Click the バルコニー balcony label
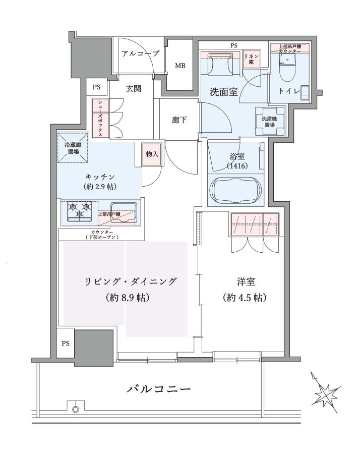click(159, 389)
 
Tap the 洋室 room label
click(246, 281)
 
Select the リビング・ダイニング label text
click(130, 281)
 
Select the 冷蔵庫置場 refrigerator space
click(73, 148)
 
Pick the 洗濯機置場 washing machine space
click(270, 121)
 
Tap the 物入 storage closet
click(152, 154)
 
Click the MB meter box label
click(180, 66)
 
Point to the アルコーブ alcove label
click(140, 53)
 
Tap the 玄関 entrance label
click(134, 88)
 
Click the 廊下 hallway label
click(179, 120)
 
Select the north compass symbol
click(325, 393)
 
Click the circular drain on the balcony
click(76, 410)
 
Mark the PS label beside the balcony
click(66, 343)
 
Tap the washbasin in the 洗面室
click(221, 64)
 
